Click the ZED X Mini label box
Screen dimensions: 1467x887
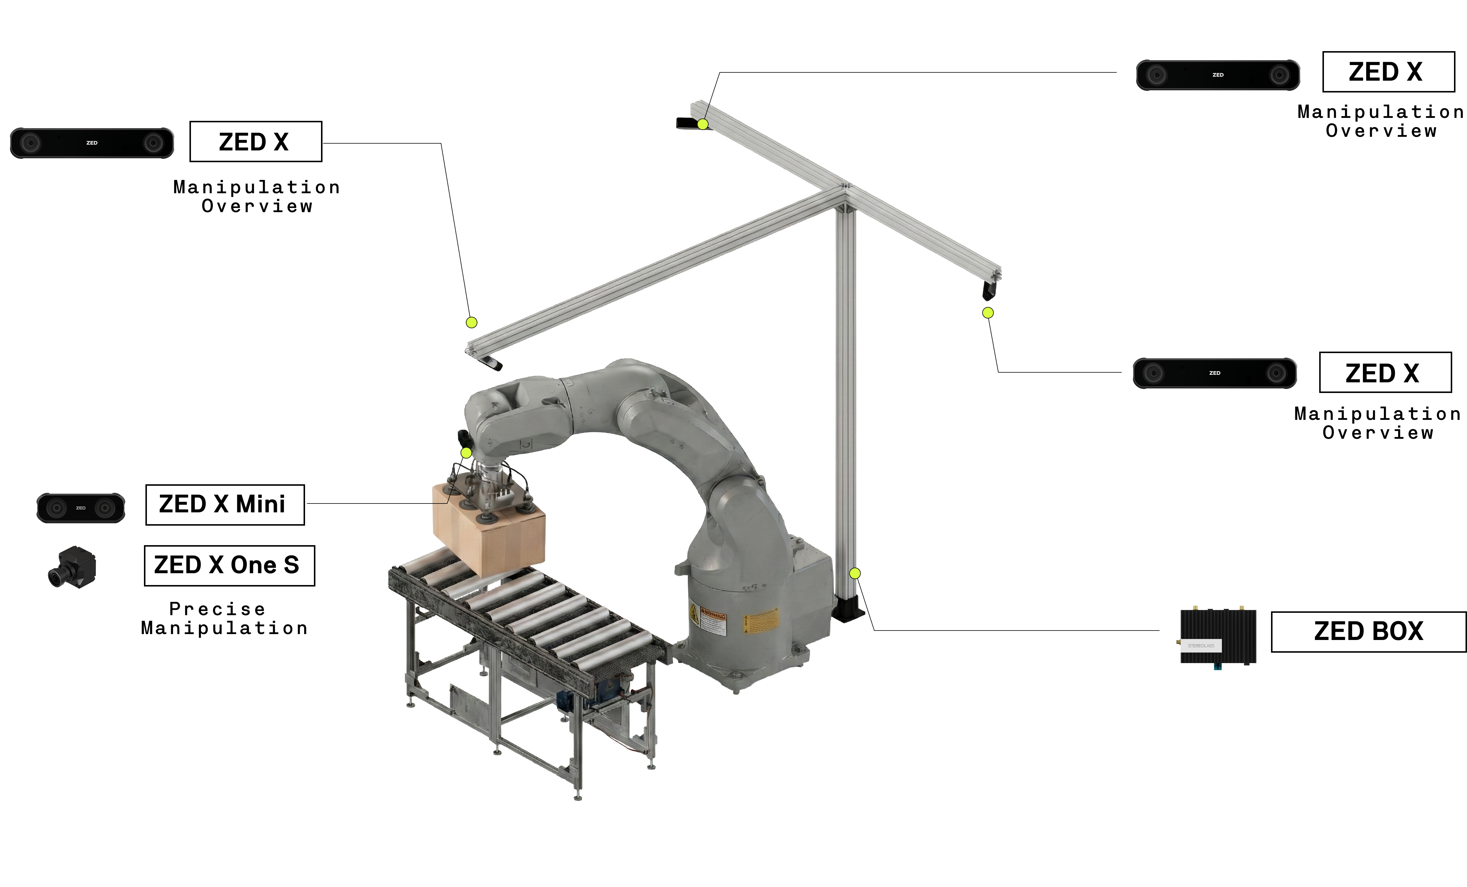225,505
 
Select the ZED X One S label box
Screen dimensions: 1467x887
229,566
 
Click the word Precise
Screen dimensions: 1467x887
217,609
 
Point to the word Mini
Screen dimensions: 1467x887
261,504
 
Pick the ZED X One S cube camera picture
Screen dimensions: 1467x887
72,567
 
